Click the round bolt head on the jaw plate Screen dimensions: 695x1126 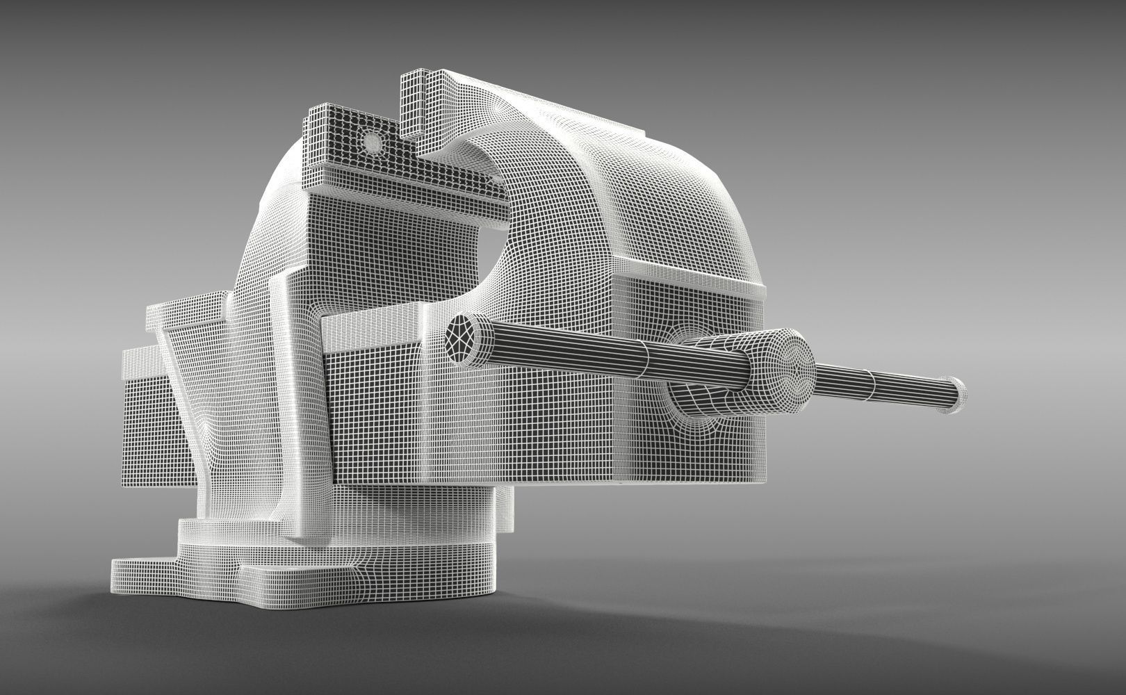(373, 142)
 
